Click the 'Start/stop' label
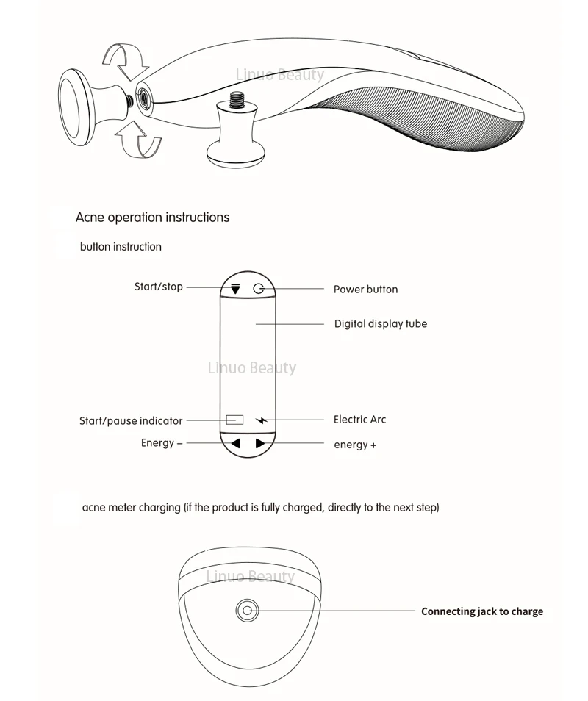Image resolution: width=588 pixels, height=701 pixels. click(158, 287)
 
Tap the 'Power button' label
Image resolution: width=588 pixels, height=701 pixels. click(365, 290)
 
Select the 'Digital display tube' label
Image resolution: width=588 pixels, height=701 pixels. click(380, 323)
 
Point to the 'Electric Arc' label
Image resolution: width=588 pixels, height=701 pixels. click(359, 420)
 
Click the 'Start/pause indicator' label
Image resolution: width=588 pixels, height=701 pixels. click(131, 421)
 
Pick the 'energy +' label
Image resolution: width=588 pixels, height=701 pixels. click(355, 445)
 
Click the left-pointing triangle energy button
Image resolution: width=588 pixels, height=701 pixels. click(235, 443)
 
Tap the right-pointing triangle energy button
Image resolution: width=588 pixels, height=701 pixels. click(260, 443)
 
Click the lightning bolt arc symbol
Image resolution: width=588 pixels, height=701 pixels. click(262, 420)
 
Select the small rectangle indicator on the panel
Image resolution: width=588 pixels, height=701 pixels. click(234, 420)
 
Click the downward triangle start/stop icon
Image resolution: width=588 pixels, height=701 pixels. click(235, 289)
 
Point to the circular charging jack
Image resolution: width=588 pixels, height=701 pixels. click(247, 610)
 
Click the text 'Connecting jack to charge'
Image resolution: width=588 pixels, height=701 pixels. click(481, 611)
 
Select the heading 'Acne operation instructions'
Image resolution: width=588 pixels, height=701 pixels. click(152, 218)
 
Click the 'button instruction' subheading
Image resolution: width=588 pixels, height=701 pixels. click(121, 247)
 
